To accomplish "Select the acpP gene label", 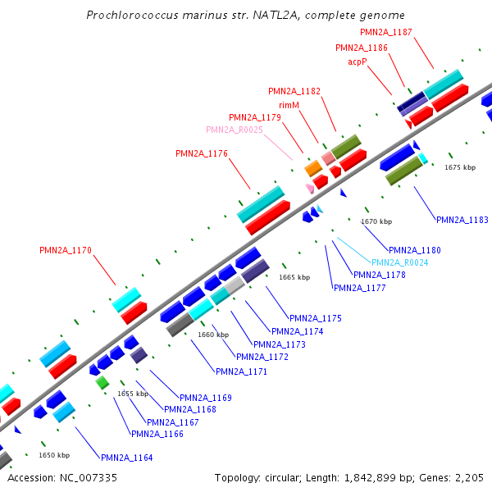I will click(358, 61).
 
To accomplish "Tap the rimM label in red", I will click(289, 104).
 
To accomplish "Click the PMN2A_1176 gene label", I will click(202, 153).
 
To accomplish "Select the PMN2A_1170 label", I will click(66, 250).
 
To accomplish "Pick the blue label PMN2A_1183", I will click(462, 220).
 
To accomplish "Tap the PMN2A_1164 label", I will click(126, 458).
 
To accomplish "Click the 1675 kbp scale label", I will click(460, 167).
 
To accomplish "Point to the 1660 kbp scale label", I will click(213, 335).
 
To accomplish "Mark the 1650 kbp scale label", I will click(54, 455).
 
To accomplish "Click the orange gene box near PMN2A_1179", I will click(313, 168).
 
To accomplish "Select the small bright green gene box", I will click(102, 383).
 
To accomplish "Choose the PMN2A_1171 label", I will click(241, 371).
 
